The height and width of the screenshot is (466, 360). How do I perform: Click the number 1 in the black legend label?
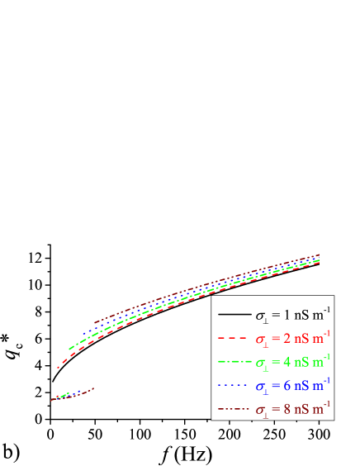[287, 316]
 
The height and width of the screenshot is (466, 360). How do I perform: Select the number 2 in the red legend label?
[287, 339]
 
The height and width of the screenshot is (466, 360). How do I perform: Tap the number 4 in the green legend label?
[287, 362]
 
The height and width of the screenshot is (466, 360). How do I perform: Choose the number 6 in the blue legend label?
[287, 385]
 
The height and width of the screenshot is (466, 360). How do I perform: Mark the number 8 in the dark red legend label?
[287, 408]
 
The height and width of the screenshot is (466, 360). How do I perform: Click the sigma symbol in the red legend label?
[260, 340]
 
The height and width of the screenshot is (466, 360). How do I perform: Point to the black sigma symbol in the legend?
[260, 316]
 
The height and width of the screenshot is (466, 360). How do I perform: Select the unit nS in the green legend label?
[301, 362]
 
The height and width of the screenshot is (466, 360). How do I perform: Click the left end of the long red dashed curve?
[57, 368]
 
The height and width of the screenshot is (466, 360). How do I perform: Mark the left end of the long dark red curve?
[94, 322]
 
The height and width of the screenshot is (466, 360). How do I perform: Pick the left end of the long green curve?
[69, 350]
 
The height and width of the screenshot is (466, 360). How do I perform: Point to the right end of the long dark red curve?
[320, 255]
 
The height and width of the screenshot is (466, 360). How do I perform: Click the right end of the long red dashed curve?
[320, 263]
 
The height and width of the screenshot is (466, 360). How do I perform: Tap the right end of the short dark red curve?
[94, 388]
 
